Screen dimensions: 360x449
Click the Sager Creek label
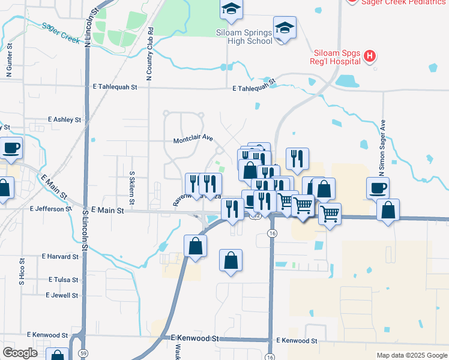pyautogui.click(x=61, y=33)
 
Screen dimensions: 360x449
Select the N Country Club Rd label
pyautogui.click(x=149, y=57)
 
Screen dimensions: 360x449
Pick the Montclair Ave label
pyautogui.click(x=193, y=139)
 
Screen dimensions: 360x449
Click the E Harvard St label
pyautogui.click(x=60, y=257)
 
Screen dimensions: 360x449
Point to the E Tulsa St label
pyautogui.click(x=63, y=280)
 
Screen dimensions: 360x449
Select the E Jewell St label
pyautogui.click(x=62, y=295)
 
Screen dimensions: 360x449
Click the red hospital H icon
pyautogui.click(x=370, y=57)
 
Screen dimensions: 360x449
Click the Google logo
pyautogui.click(x=20, y=353)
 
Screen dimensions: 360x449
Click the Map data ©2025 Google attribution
pyautogui.click(x=411, y=355)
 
